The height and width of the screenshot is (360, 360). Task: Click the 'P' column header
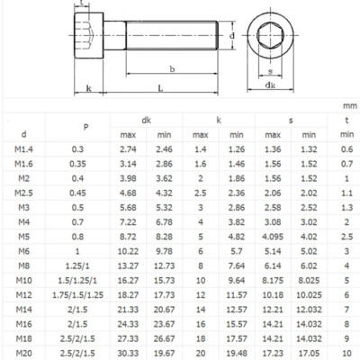(x=86, y=127)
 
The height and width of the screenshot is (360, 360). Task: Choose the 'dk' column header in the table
(x=146, y=119)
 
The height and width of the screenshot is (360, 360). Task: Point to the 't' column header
(x=346, y=119)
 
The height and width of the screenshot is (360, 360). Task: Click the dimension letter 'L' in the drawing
(x=159, y=88)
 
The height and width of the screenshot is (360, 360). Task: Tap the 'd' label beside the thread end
(x=232, y=36)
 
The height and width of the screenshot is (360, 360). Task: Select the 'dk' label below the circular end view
(x=270, y=85)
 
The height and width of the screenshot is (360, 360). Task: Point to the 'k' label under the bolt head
(x=88, y=88)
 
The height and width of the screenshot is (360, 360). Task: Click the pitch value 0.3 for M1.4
(x=86, y=148)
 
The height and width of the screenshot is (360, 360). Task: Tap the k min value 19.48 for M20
(x=237, y=354)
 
